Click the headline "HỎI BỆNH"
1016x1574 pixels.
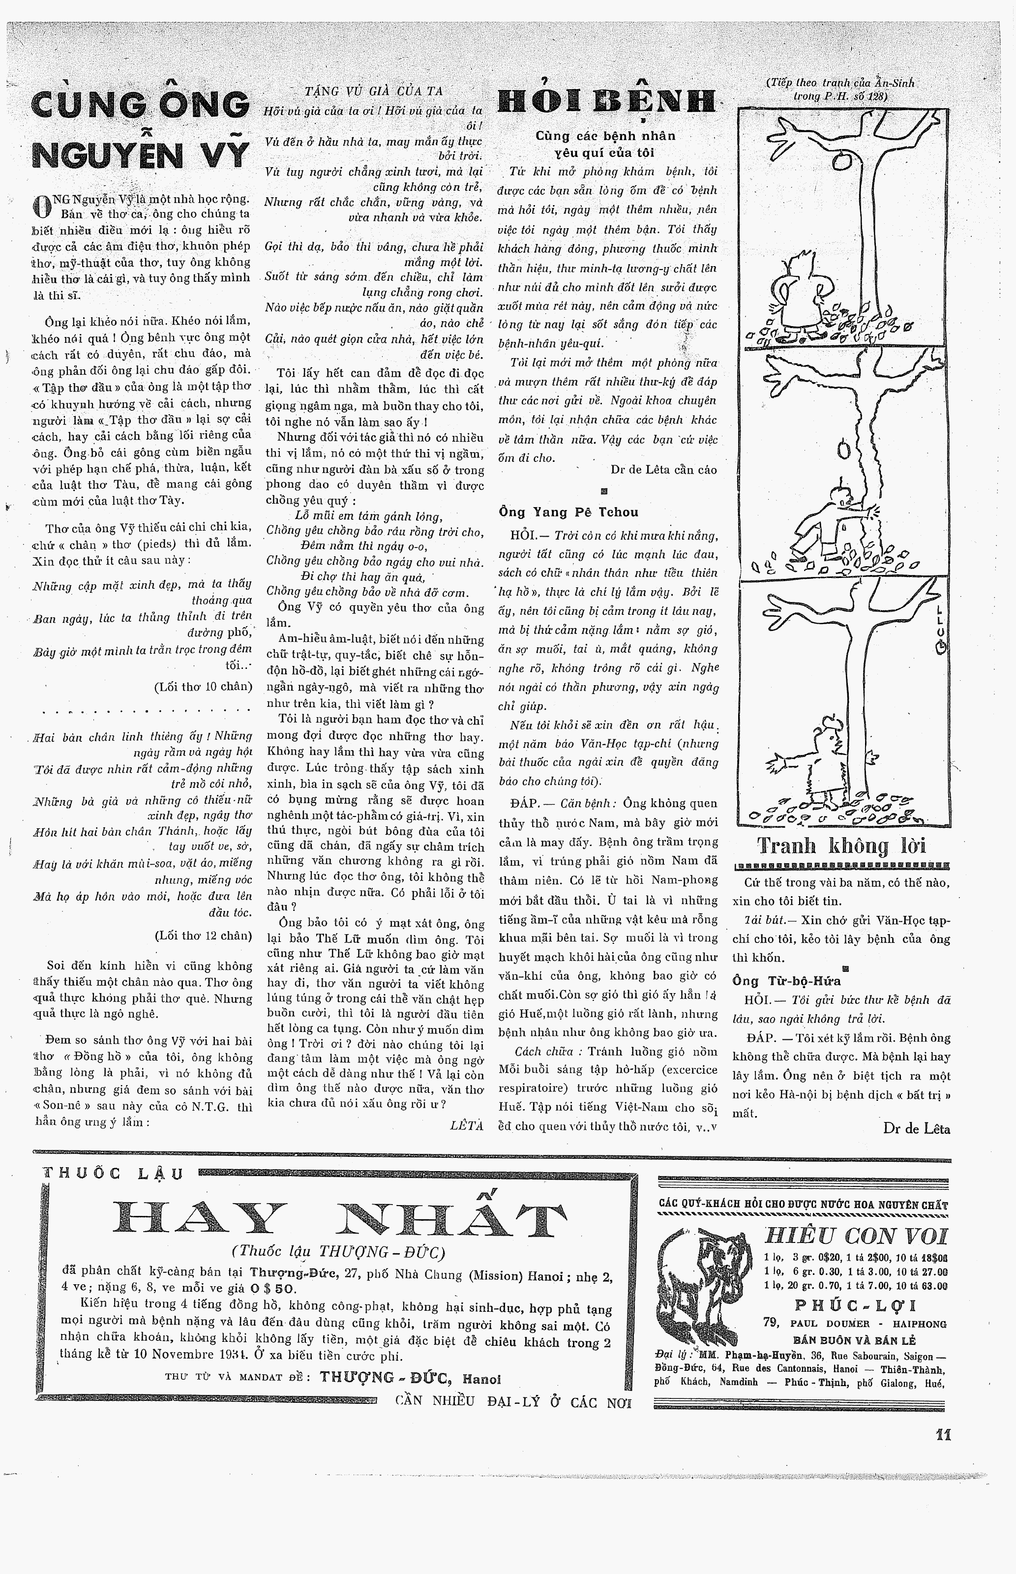pyautogui.click(x=606, y=102)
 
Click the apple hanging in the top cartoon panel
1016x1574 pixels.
pyautogui.click(x=842, y=161)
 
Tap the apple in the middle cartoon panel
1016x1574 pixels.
pyautogui.click(x=844, y=450)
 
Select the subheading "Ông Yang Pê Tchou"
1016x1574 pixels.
pyautogui.click(x=568, y=512)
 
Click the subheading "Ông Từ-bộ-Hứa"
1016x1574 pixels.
pyautogui.click(x=786, y=981)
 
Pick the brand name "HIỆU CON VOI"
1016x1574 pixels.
pyautogui.click(x=856, y=1235)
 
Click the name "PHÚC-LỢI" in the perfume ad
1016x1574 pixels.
pyautogui.click(x=855, y=1305)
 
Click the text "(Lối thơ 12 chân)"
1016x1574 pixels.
pyautogui.click(x=203, y=936)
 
